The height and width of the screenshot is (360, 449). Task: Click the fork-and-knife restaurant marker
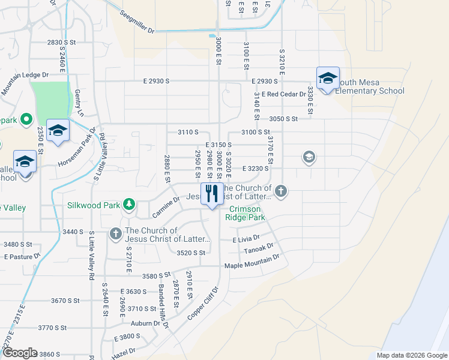pyautogui.click(x=211, y=194)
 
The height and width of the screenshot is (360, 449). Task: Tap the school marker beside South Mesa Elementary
pyautogui.click(x=328, y=79)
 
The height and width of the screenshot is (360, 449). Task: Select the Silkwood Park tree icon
pyautogui.click(x=128, y=205)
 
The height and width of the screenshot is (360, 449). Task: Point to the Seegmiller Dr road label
pyautogui.click(x=137, y=23)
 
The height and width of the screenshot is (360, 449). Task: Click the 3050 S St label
pyautogui.click(x=283, y=119)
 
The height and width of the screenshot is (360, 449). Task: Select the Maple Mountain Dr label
pyautogui.click(x=252, y=262)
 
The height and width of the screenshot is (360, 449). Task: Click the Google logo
pyautogui.click(x=19, y=353)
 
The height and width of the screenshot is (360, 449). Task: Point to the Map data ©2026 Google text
pyautogui.click(x=412, y=355)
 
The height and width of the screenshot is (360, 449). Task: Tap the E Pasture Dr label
pyautogui.click(x=22, y=256)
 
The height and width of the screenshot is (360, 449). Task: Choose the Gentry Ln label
pyautogui.click(x=78, y=103)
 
